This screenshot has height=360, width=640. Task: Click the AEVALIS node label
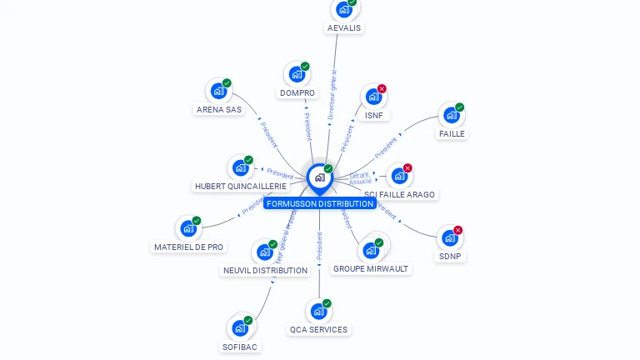(344, 27)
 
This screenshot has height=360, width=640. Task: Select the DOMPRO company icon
(297, 75)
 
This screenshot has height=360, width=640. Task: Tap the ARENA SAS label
(219, 109)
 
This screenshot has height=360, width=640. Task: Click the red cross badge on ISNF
(382, 89)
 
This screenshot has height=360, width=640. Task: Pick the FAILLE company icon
(451, 115)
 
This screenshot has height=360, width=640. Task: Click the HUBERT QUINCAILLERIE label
(240, 186)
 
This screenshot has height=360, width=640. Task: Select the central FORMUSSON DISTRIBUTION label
(319, 203)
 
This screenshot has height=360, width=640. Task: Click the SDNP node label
(449, 256)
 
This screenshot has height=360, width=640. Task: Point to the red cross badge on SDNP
(457, 231)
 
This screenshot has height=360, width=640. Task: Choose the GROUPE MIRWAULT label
(371, 268)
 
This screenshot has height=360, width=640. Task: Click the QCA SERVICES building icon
(318, 312)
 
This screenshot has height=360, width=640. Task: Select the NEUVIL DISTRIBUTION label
(265, 270)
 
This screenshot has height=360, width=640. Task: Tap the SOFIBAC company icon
(240, 328)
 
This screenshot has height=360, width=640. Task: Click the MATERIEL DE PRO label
(189, 247)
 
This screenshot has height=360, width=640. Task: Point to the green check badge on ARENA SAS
(227, 83)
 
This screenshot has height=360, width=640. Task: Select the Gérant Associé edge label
(360, 177)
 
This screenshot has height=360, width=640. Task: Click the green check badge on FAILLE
(459, 107)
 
